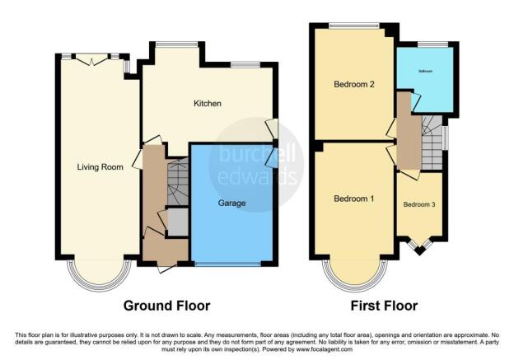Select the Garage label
(231, 202)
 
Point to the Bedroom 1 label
(353, 199)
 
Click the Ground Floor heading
(166, 306)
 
